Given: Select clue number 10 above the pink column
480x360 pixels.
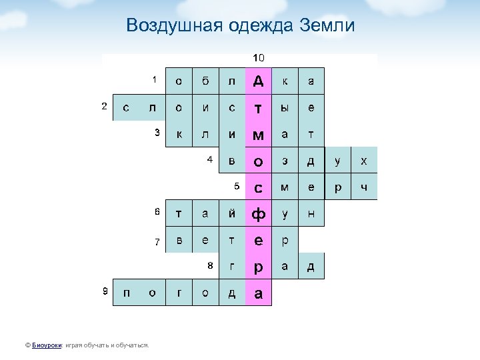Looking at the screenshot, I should (257, 59).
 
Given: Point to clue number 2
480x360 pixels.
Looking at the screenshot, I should (103, 107).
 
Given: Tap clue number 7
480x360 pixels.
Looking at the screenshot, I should (157, 241).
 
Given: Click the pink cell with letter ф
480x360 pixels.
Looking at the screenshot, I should (258, 214).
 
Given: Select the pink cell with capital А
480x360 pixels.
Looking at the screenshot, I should (258, 81).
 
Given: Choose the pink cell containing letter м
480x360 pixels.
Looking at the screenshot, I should (258, 134).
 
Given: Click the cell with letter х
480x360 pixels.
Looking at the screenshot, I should (363, 161).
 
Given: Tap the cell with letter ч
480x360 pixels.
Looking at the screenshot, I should (363, 187).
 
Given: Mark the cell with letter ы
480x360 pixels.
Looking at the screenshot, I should (285, 107).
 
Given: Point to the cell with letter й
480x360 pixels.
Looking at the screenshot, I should (232, 214).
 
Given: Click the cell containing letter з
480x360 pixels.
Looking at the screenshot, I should (285, 161).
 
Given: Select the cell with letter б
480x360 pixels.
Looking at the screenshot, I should (205, 81).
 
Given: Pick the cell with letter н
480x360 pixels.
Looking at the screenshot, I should (311, 214).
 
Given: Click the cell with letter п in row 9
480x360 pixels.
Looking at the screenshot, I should (127, 293).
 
